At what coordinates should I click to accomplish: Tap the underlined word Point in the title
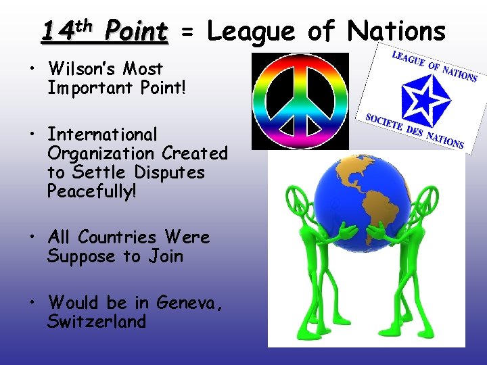[x=136, y=31]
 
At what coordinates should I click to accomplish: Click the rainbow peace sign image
[x=300, y=101]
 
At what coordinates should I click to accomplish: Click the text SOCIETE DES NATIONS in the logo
[x=414, y=128]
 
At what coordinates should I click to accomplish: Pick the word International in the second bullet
[x=102, y=135]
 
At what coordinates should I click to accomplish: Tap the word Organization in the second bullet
[x=101, y=153]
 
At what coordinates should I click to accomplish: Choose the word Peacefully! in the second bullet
[x=92, y=191]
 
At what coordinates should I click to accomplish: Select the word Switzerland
[x=97, y=321]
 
